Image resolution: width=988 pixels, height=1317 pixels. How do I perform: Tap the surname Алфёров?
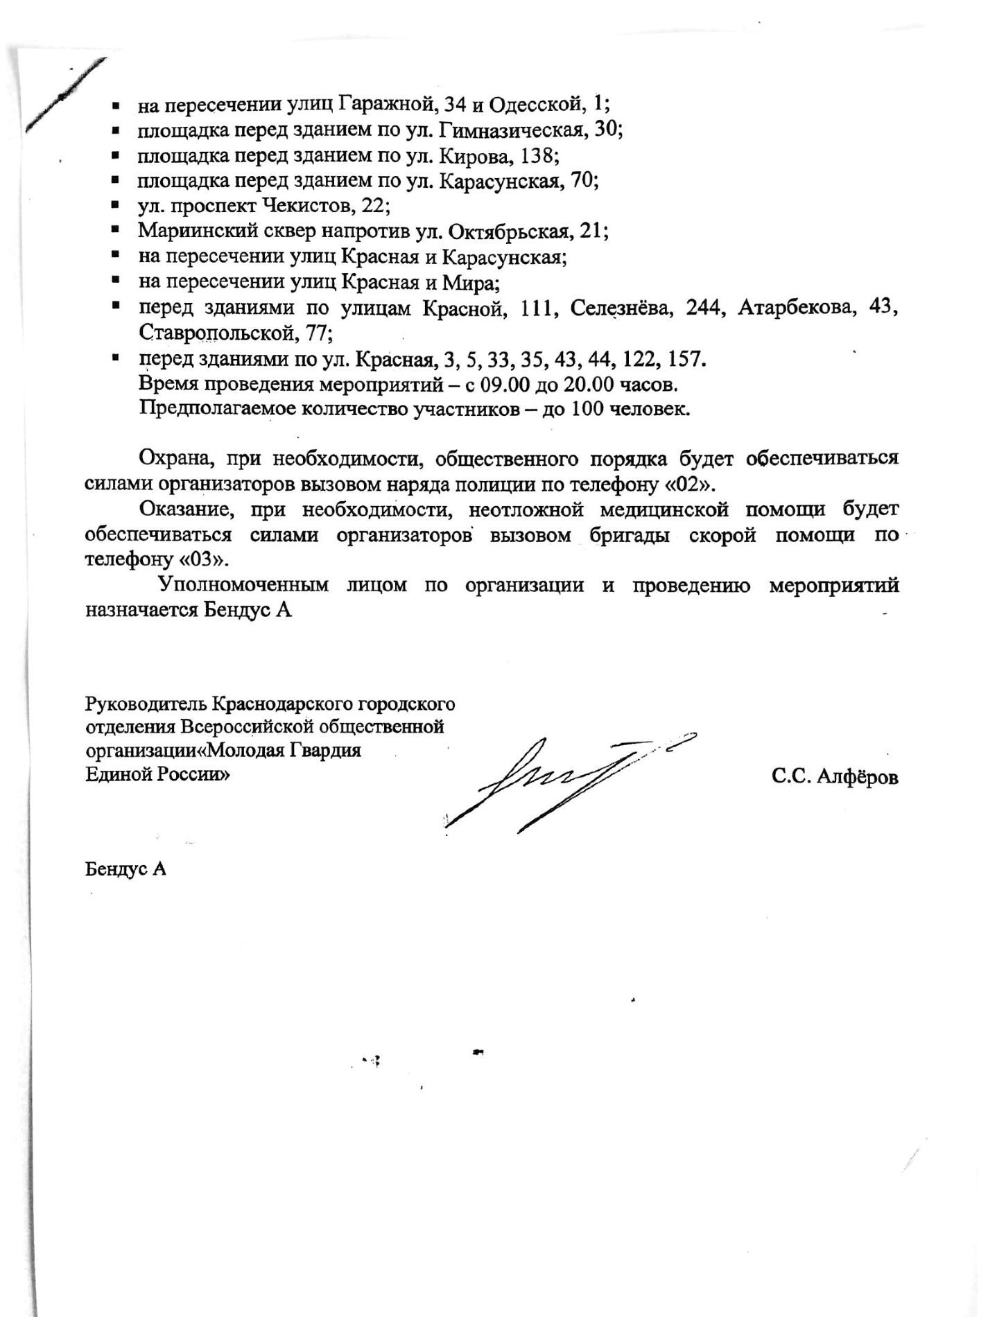click(858, 777)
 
